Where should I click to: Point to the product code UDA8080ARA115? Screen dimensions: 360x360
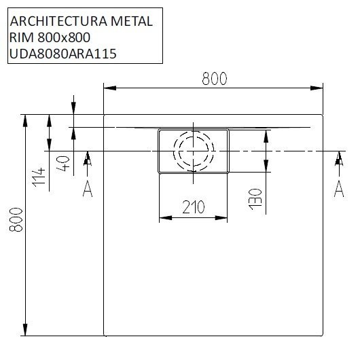pos(60,54)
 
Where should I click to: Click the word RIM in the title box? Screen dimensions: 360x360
pos(19,37)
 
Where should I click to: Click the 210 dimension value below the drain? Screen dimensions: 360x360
pos(194,208)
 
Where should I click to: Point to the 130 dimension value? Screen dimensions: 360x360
pos(254,196)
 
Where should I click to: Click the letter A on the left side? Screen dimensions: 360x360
pos(87,189)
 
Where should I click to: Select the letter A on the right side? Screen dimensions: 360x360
pos(338,189)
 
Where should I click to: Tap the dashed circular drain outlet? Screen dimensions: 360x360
pos(193,149)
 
